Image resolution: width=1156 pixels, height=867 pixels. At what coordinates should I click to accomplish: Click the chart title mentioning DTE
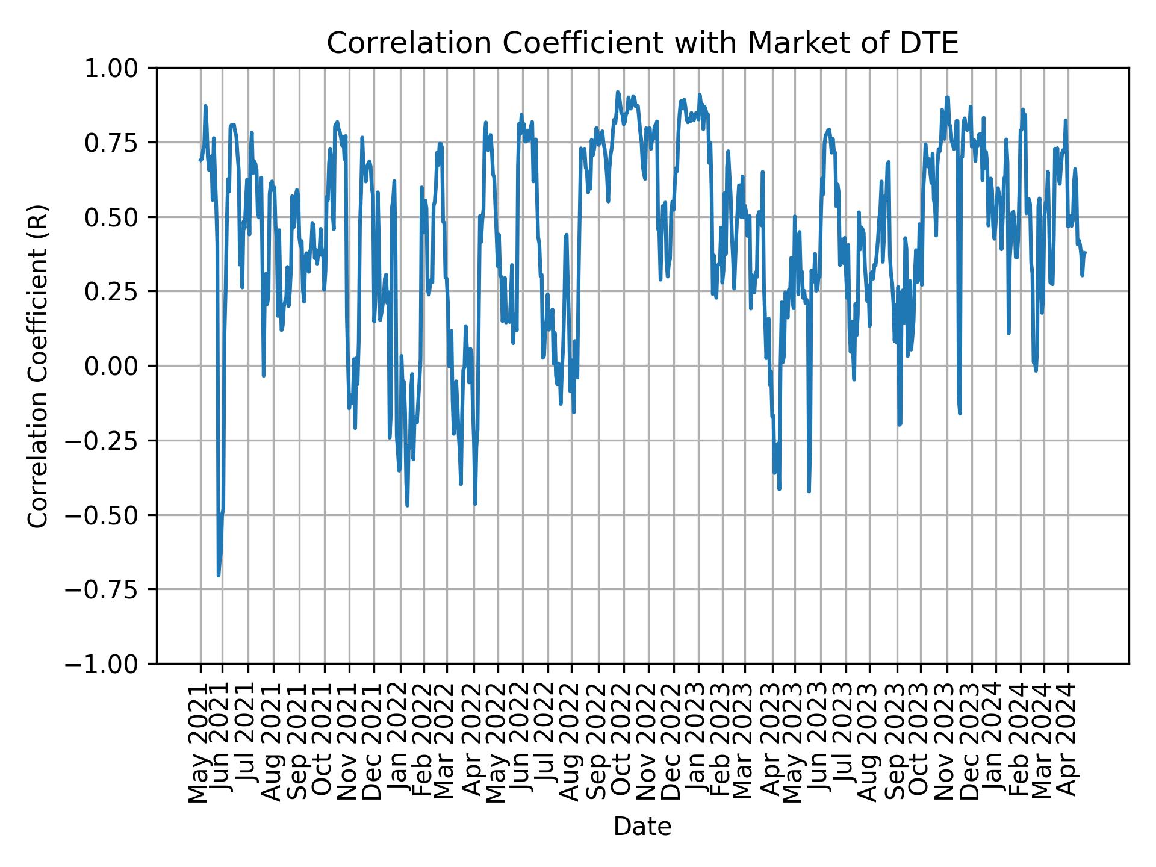coord(642,43)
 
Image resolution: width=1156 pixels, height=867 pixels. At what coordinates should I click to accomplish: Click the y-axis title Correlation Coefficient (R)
coord(39,365)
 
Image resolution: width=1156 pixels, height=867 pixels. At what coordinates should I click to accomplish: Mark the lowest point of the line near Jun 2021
coord(219,576)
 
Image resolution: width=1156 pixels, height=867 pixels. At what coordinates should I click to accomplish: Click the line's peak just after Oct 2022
coord(617,92)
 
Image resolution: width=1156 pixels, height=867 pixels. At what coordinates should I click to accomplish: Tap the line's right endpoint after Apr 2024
coord(1085,253)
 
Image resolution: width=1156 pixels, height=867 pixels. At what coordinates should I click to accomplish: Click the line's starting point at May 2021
coord(200,160)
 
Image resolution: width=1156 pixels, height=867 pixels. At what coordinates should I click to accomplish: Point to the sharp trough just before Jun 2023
coord(809,491)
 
